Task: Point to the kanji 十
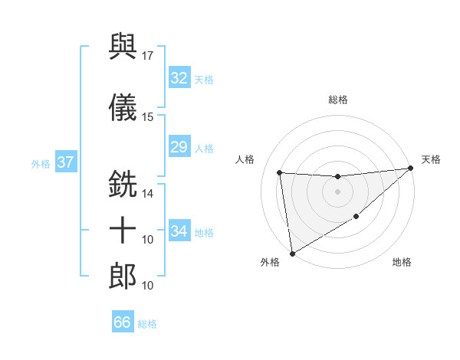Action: pos(123,229)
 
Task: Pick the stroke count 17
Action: pos(148,55)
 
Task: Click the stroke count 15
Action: pos(148,116)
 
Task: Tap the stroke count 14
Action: pos(148,193)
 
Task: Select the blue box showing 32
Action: pos(179,78)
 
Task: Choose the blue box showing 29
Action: pos(179,147)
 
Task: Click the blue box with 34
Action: pos(179,231)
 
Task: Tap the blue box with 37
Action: pos(66,162)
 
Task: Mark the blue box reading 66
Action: pos(122,322)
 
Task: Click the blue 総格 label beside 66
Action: pos(147,324)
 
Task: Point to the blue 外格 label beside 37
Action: pos(41,163)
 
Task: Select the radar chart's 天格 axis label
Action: pos(431,159)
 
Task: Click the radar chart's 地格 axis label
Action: pos(402,262)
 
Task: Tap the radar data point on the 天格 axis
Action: pos(410,169)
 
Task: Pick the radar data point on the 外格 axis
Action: pos(291,253)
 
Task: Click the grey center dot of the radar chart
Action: pos(337,191)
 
